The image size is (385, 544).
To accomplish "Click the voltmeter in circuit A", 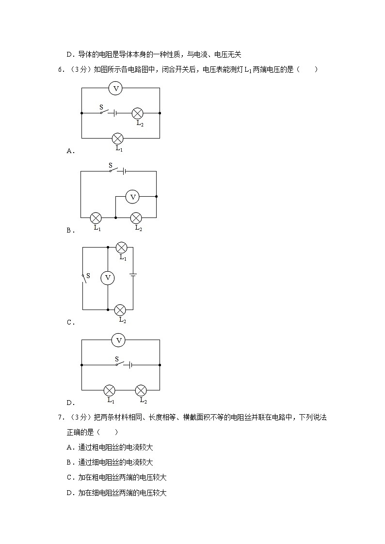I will tap(115, 88).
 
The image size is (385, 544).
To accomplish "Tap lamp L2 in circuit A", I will tap(138, 113).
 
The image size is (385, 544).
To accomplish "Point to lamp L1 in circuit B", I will tap(96, 218).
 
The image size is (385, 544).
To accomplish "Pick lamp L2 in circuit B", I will tap(136, 218).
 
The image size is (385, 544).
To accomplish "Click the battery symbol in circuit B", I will tap(125, 171).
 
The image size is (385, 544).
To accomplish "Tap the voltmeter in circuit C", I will tap(108, 278).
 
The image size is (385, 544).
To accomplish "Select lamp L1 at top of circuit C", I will tap(121, 248).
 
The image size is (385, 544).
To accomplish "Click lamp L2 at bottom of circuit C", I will tap(120, 310).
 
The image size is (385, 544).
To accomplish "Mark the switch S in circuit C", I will tap(84, 278).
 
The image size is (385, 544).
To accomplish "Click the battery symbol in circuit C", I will tap(133, 276).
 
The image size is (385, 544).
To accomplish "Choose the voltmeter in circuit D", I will tap(118, 341).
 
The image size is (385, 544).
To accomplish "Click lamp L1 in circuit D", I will tap(110, 390).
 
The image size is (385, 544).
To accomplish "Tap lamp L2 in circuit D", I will tap(141, 390).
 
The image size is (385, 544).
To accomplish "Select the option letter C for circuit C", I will tap(69, 322).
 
